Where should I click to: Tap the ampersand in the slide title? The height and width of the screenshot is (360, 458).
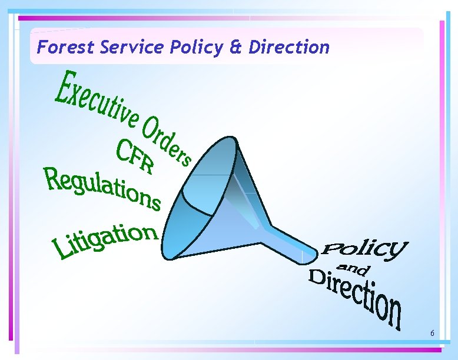[235, 47]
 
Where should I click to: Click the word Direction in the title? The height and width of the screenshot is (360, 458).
[289, 47]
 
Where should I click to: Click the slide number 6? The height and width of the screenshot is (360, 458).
[432, 334]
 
